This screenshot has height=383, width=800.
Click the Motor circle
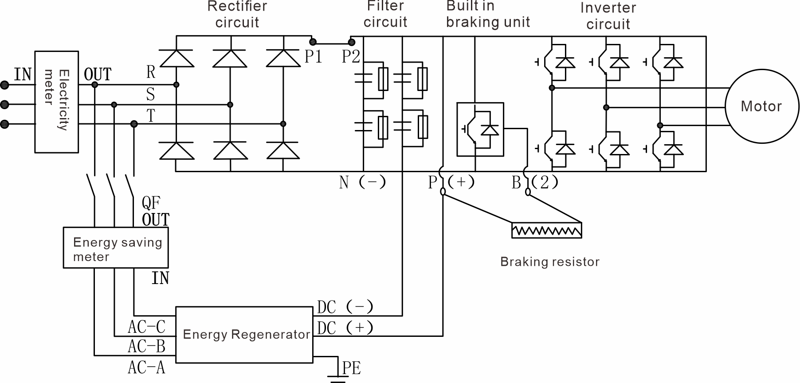(x=761, y=107)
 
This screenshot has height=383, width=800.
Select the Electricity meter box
(x=57, y=102)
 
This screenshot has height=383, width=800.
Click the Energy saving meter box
(x=116, y=248)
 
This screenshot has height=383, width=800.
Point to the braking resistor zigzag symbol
(x=546, y=231)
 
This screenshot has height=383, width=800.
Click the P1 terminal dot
(x=313, y=42)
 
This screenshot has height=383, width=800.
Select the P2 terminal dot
(x=352, y=42)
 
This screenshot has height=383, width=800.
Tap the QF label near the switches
(x=151, y=203)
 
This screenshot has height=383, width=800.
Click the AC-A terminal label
(x=146, y=367)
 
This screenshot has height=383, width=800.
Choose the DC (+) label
(x=345, y=328)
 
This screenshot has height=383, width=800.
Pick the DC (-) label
(x=345, y=307)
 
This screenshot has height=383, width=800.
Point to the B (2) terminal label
(x=534, y=182)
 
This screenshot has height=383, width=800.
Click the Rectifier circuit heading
(x=237, y=14)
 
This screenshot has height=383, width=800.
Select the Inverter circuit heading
(x=608, y=16)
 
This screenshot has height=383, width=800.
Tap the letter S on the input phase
(x=150, y=95)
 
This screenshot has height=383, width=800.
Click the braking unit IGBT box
(x=480, y=130)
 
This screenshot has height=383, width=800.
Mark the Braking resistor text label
(x=549, y=262)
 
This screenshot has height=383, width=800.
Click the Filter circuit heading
(x=385, y=14)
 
